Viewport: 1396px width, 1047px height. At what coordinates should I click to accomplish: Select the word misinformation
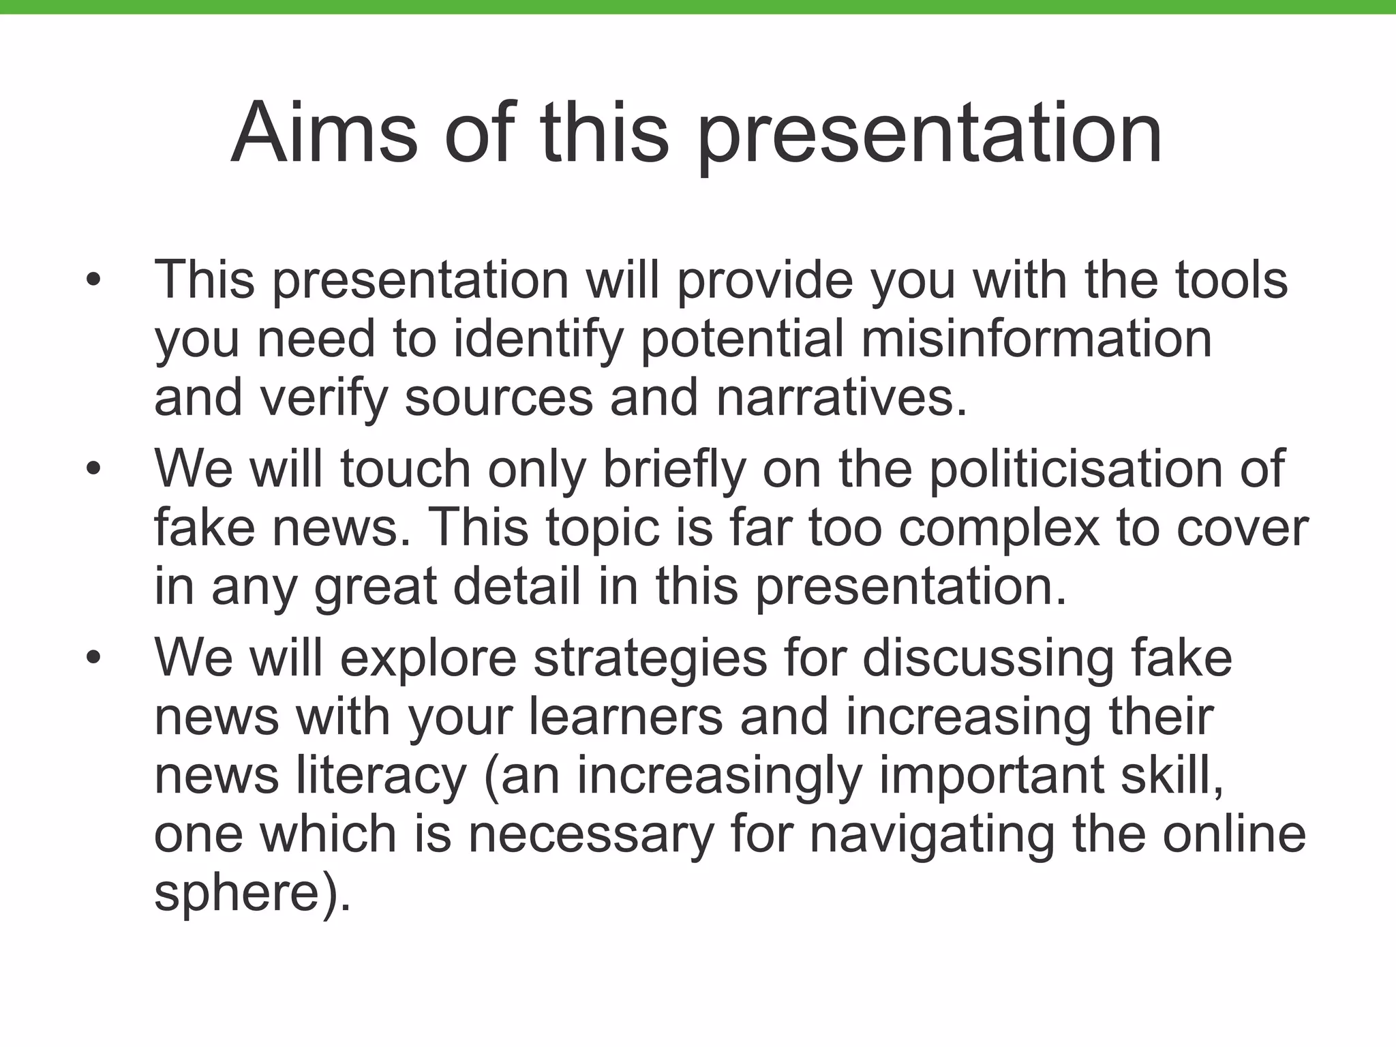coord(1036,339)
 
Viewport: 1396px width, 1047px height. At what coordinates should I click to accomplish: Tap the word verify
coord(324,398)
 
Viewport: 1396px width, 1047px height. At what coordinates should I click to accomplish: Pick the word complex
coord(998,529)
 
